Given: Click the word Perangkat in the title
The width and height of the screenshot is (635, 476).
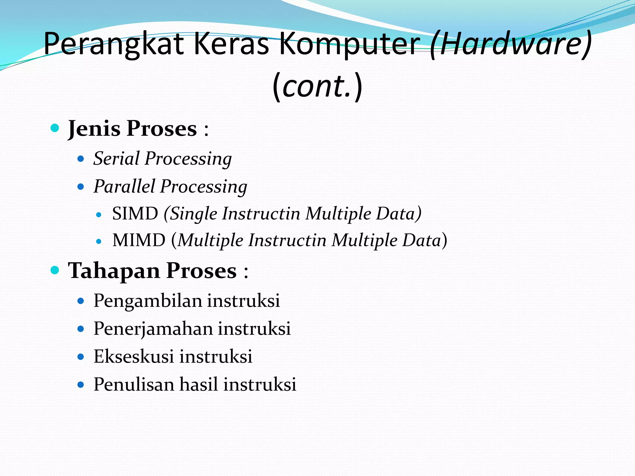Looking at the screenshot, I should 114,44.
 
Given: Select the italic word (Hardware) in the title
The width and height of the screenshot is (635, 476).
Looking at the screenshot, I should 510,44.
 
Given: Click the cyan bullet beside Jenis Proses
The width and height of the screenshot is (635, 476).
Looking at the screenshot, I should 55,128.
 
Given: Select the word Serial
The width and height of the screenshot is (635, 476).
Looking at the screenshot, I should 117,158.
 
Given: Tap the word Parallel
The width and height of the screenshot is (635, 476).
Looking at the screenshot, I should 124,186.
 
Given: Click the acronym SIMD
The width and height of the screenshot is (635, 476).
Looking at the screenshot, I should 135,214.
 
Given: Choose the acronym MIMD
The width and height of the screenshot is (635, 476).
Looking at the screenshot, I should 139,240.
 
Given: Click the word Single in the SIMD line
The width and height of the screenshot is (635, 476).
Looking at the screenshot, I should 193,214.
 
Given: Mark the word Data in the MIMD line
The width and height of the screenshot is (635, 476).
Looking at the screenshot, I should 421,240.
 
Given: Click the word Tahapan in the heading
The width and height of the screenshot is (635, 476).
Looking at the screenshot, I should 114,271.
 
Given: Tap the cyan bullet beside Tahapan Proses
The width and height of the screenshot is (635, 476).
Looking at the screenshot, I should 55,270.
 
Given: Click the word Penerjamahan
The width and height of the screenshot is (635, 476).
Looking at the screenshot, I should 153,329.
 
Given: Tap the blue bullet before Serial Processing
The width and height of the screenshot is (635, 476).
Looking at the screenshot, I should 81,159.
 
